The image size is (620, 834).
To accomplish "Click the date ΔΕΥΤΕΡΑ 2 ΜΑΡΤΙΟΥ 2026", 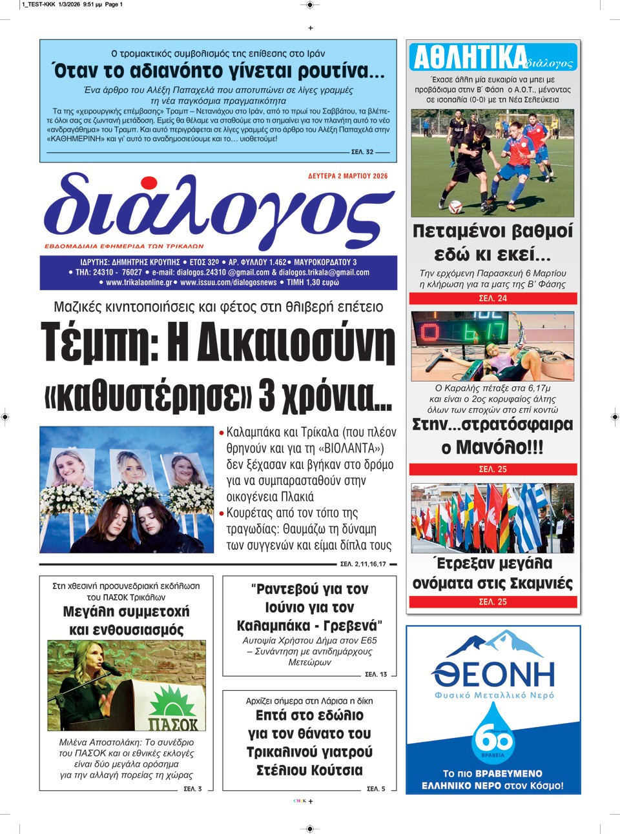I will tap(348, 176).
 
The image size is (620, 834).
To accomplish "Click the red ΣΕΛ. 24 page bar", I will tap(493, 299).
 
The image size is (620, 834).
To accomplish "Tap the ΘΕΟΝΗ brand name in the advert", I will tap(493, 674).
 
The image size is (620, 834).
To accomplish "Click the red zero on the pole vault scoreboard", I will tap(429, 333).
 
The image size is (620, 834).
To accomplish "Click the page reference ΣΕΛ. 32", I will tap(362, 152).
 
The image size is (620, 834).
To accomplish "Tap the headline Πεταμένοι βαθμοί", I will tap(493, 231).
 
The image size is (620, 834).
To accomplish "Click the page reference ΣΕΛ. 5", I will tap(376, 788).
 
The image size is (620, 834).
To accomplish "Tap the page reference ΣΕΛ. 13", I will tap(376, 674).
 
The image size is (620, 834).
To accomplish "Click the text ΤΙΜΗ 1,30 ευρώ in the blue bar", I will tap(313, 283).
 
